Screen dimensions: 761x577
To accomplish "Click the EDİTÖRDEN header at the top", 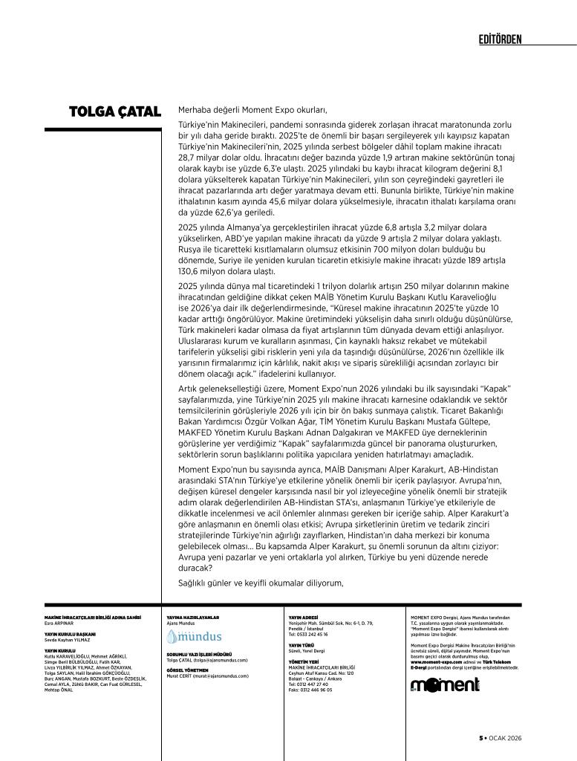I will (500, 39).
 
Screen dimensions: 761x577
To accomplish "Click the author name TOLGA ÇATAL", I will (114, 112).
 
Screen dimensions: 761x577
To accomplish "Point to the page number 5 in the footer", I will (480, 738).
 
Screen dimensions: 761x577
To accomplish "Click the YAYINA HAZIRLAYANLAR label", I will (193, 618).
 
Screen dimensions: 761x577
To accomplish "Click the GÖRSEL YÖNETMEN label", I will (186, 670).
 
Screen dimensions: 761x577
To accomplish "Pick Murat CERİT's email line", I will (207, 676).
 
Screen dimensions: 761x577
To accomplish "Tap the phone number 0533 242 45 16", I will (308, 635).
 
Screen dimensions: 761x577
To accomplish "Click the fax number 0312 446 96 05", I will (310, 690).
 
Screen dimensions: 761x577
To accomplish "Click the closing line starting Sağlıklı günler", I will (261, 582).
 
